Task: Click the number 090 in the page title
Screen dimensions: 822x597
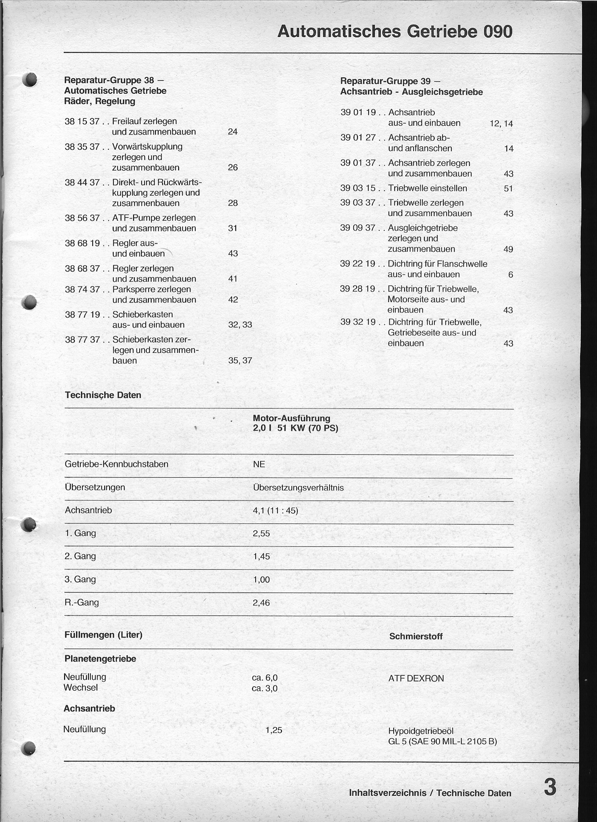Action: coord(497,32)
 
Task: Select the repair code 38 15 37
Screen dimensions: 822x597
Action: coord(82,121)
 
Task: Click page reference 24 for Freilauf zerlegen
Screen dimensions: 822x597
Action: coord(232,132)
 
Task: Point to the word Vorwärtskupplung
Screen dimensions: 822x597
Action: coord(147,147)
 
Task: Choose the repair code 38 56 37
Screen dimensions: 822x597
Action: coord(82,218)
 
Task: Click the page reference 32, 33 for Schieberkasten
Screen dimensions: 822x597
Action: coord(240,325)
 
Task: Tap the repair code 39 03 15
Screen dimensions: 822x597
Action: coord(358,188)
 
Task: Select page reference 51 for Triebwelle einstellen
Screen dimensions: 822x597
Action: coord(508,189)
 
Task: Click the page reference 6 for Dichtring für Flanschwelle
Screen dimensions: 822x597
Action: coord(510,275)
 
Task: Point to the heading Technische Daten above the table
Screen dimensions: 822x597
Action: coord(103,395)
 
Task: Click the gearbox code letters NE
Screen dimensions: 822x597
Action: coord(259,464)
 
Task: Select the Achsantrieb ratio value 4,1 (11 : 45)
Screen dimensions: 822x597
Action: coord(275,511)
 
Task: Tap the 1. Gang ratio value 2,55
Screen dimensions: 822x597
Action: coord(262,534)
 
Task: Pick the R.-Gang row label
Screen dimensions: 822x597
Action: coord(81,602)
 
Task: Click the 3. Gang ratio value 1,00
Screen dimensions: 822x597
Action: coord(262,579)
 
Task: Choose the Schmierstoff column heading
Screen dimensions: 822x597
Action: coord(416,637)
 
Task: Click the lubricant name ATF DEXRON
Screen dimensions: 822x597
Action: coord(416,679)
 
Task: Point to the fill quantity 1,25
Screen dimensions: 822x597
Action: coord(274,730)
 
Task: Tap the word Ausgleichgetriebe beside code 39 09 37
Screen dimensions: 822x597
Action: coord(422,228)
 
